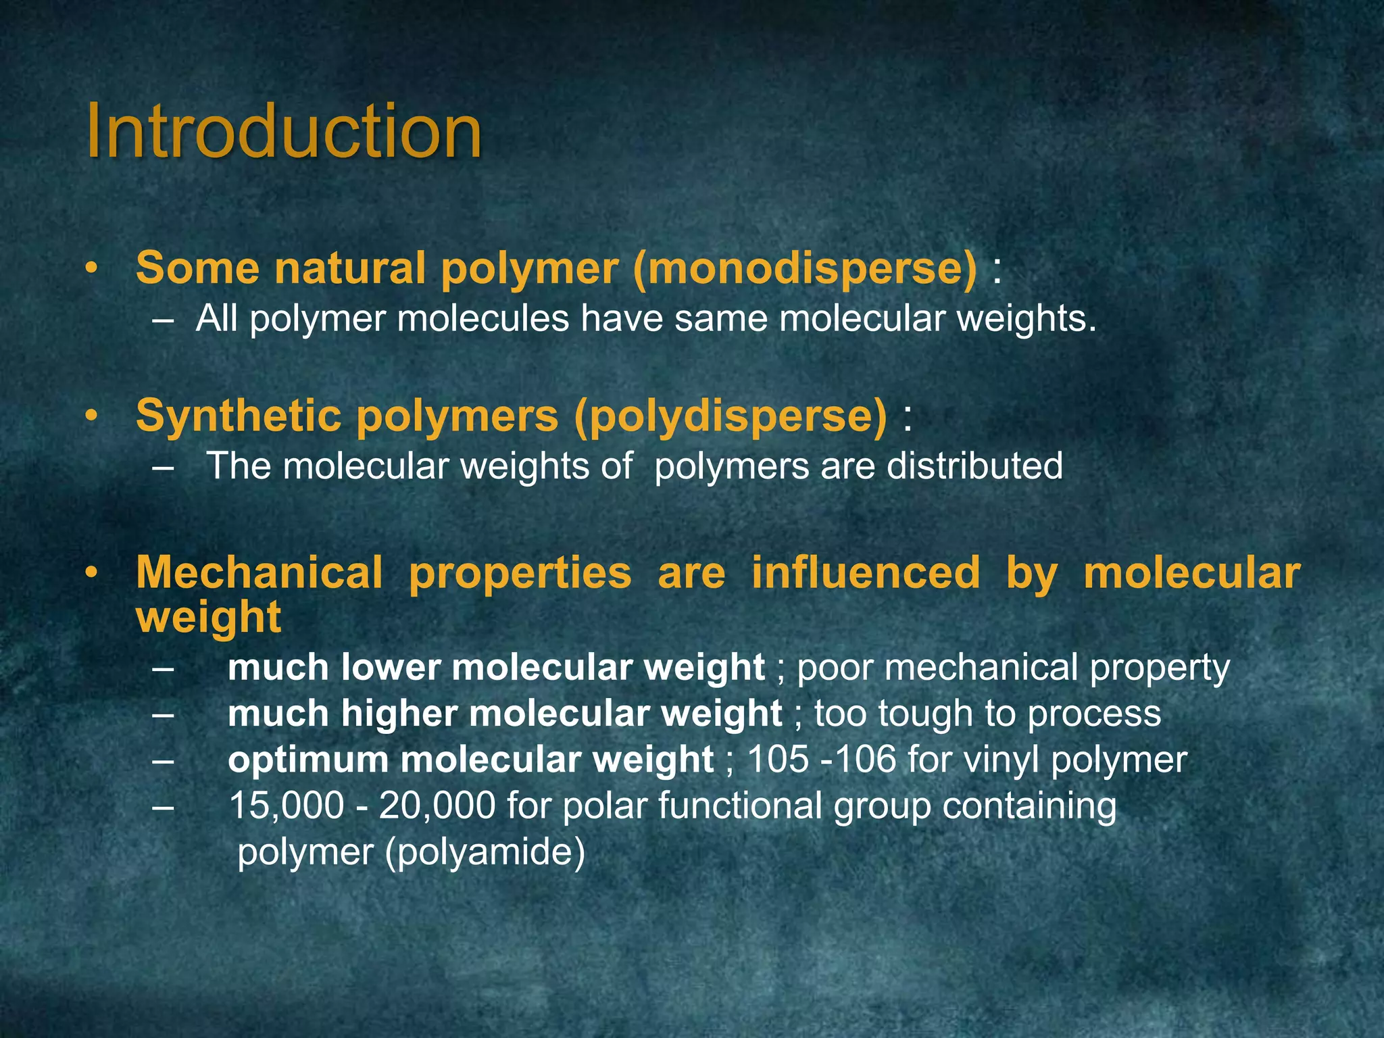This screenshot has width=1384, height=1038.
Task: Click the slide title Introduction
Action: pos(284,131)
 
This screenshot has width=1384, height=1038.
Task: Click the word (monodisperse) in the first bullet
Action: pos(805,268)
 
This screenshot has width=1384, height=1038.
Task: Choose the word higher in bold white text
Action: pos(399,714)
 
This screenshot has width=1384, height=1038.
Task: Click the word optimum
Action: pos(307,760)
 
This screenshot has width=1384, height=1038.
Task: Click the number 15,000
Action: pos(287,806)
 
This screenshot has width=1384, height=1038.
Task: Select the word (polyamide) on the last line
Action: pos(485,851)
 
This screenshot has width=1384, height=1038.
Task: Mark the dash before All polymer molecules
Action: pos(162,320)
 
